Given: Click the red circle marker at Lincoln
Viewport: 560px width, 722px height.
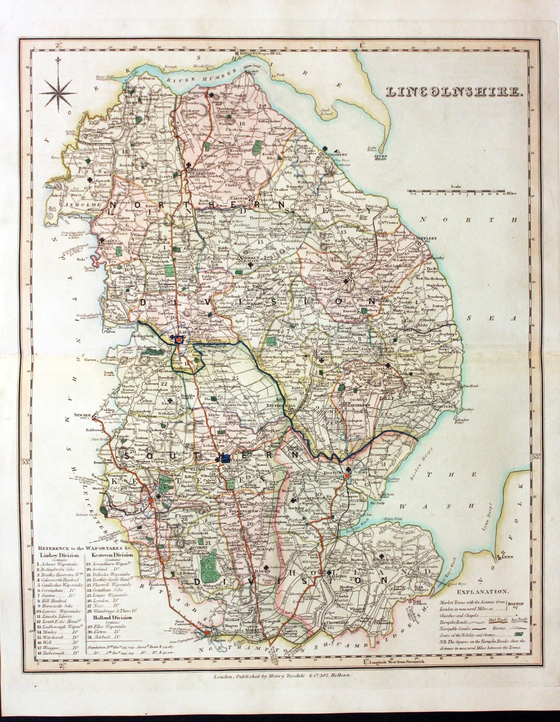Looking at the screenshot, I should [179, 339].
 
